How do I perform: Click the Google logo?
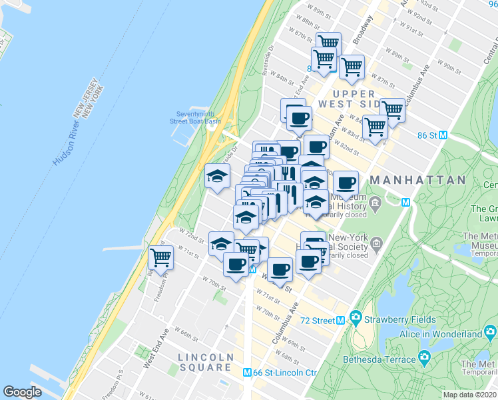click(x=23, y=392)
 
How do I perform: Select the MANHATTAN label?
click(x=417, y=180)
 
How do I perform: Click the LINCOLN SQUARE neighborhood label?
click(x=206, y=363)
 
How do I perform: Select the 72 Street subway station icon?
click(x=340, y=320)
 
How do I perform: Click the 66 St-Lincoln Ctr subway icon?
click(x=247, y=373)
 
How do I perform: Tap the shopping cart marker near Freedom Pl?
click(x=160, y=256)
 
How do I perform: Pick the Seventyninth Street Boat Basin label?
click(x=198, y=117)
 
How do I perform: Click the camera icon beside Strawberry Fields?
click(x=357, y=317)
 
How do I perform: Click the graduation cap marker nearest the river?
click(x=217, y=176)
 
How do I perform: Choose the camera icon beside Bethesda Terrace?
click(x=424, y=359)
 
